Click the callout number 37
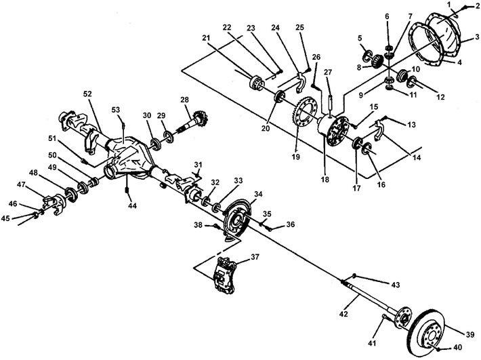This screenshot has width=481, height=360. [255, 256]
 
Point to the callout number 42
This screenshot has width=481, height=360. [343, 314]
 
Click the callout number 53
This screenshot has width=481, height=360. [116, 110]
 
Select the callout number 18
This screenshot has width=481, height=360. [325, 179]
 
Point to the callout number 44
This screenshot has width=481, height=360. [132, 205]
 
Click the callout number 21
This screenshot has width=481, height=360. [207, 38]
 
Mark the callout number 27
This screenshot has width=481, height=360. [328, 73]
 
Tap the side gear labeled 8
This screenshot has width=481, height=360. [376, 61]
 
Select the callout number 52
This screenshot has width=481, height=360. [87, 94]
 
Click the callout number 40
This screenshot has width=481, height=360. [457, 347]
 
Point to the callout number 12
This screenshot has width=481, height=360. [440, 97]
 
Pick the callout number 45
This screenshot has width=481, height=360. [5, 218]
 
